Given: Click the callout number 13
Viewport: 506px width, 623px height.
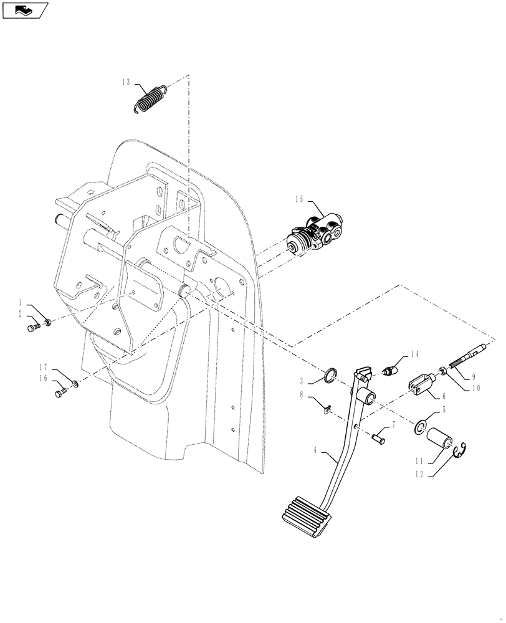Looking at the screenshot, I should click(x=126, y=82).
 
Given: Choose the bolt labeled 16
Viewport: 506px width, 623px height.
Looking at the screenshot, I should click(x=60, y=392).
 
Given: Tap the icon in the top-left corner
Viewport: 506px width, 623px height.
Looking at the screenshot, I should click(x=26, y=9).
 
